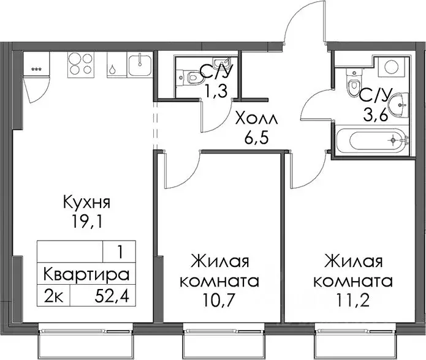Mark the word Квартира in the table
click(86, 274)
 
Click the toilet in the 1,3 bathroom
click(194, 77)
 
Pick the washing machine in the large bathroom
click(389, 67)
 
